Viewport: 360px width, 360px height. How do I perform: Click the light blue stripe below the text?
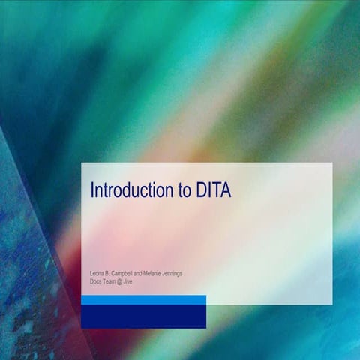click(x=143, y=299)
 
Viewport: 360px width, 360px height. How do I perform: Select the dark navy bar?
click(x=143, y=316)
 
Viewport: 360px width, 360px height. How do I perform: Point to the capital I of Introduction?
click(x=92, y=190)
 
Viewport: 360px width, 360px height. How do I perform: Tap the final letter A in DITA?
click(x=226, y=190)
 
